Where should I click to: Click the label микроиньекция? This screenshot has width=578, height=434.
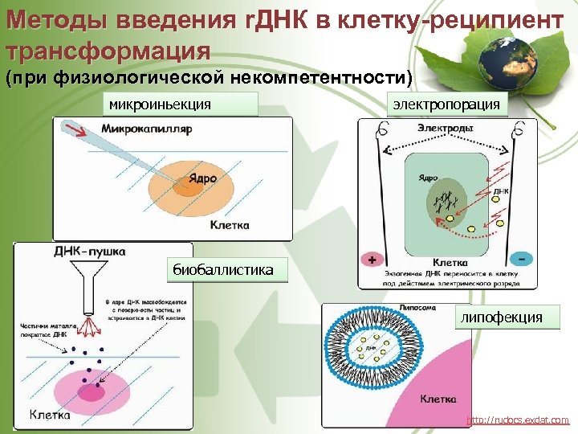[x=161, y=104]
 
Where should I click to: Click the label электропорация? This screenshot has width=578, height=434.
[x=446, y=104]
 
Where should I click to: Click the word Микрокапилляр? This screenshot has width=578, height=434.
[x=147, y=129]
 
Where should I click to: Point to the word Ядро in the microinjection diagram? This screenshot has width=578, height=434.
[x=202, y=178]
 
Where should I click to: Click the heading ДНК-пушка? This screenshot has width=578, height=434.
[x=88, y=251]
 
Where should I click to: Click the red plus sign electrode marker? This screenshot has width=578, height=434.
[x=371, y=260]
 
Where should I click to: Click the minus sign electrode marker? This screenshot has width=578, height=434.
[x=523, y=260]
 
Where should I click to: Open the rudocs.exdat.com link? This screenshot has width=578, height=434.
[x=517, y=420]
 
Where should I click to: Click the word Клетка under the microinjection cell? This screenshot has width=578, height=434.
[x=230, y=224]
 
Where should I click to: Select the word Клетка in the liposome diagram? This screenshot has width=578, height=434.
[x=438, y=399]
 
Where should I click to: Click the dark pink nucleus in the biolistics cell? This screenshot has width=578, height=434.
[x=90, y=391]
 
